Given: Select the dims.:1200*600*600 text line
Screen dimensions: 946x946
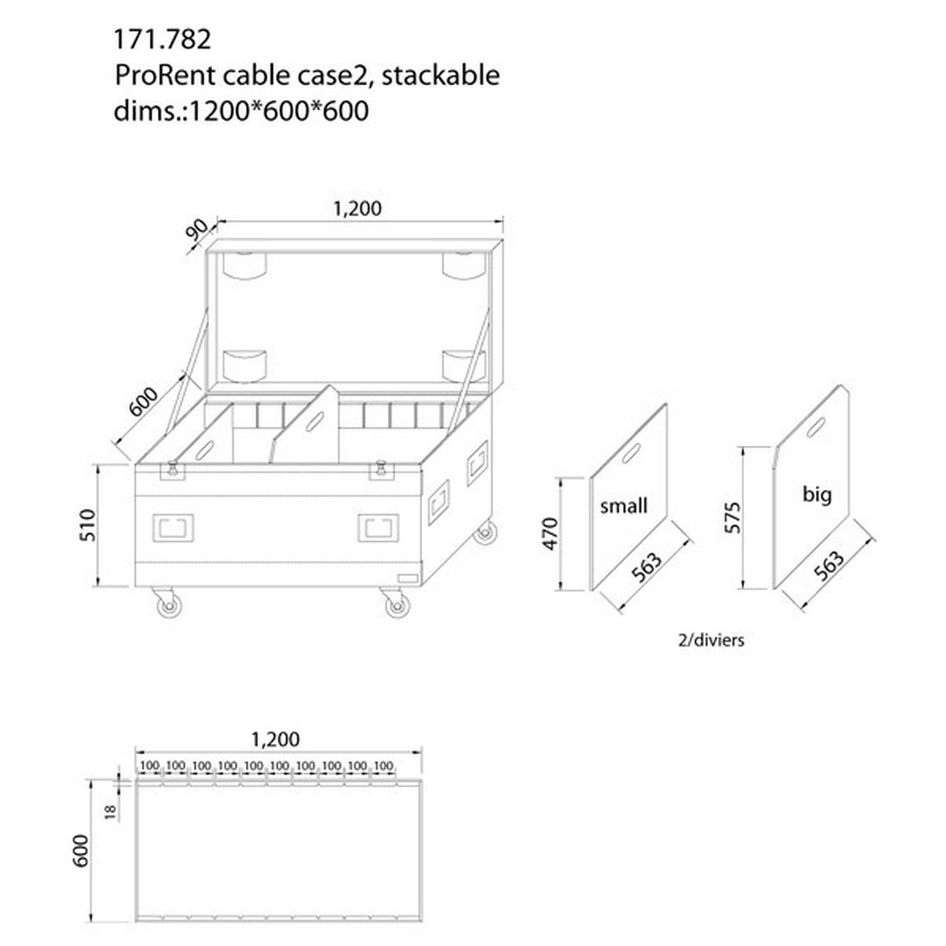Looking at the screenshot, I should tap(241, 110).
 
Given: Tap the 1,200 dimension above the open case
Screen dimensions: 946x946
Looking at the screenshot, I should tap(357, 208).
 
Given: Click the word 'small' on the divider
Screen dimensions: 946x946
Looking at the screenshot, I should tap(624, 505).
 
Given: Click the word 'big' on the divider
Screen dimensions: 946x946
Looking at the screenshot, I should tap(817, 494).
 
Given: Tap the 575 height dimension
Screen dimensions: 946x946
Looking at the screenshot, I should tap(732, 516).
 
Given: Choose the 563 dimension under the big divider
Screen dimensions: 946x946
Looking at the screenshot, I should tap(828, 565).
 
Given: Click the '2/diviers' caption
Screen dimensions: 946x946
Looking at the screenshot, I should tap(710, 640).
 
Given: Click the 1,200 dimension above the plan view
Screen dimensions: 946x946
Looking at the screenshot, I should tap(275, 739).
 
